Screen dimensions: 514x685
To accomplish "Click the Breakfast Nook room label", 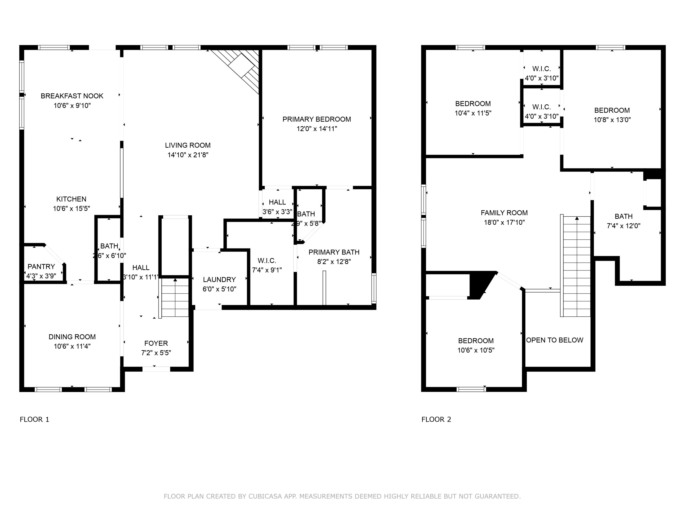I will point(72,96).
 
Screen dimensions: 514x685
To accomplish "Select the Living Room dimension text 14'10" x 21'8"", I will point(188,155).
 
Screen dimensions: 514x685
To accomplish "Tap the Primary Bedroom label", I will point(316,119).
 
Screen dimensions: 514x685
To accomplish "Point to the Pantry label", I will point(41,266).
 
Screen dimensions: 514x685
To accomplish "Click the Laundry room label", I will point(219,279).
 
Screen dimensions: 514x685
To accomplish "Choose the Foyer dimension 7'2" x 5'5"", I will point(156,353).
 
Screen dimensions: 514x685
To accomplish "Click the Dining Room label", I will point(72,337).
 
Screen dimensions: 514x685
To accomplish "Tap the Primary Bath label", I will point(334,252).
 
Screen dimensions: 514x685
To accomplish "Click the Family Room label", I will point(504,213).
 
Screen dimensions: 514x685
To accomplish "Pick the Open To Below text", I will point(555,340).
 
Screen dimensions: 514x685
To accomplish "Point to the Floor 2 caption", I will point(436,419).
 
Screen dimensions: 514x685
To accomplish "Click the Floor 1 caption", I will point(34,419).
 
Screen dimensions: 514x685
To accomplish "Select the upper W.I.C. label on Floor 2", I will point(542,69).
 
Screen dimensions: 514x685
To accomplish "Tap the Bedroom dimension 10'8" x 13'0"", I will point(612,120).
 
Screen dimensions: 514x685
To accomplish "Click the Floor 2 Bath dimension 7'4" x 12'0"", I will point(623,226).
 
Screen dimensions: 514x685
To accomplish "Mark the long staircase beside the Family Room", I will point(577,266).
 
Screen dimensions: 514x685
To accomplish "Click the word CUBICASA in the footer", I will point(265,496).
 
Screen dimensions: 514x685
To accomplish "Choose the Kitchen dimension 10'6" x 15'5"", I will point(71,209).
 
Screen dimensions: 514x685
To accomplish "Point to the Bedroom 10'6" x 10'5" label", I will point(476,341).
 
